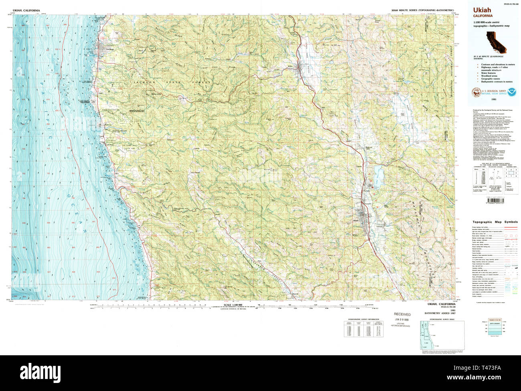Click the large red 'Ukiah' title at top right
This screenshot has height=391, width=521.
[x=482, y=10]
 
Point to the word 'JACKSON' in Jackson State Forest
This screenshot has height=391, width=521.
[x=144, y=82]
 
